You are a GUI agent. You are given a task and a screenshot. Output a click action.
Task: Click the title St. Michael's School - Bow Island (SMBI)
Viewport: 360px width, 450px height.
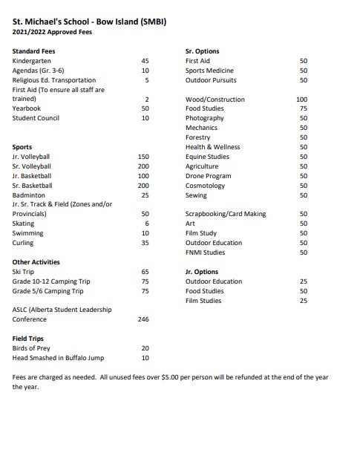[89, 22]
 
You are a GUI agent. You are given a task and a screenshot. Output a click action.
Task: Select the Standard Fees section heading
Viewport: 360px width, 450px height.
[34, 51]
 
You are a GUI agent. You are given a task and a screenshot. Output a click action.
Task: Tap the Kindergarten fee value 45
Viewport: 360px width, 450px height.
[145, 61]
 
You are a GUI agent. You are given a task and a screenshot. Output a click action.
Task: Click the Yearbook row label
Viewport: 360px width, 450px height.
[27, 108]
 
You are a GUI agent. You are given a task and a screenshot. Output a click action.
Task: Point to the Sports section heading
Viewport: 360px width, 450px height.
[22, 147]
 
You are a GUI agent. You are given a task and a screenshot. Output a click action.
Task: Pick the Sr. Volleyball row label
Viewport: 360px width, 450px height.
[32, 166]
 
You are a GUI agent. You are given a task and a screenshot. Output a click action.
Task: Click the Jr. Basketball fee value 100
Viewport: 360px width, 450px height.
[144, 176]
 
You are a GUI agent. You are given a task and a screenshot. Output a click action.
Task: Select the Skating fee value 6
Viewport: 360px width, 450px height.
[147, 224]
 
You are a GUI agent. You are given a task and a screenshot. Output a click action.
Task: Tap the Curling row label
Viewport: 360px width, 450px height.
[23, 243]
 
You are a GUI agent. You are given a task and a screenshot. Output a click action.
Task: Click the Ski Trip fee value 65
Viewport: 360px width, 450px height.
[145, 272]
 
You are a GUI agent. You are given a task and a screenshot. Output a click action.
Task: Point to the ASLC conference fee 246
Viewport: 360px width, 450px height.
[144, 319]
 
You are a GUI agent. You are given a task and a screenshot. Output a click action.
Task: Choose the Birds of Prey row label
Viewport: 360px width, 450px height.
[33, 348]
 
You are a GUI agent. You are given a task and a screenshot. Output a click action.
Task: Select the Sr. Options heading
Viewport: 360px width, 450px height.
[202, 51]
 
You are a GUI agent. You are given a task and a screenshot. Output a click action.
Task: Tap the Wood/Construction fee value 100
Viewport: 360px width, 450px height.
[301, 99]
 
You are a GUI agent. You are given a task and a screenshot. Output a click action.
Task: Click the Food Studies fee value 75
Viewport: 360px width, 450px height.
[303, 108]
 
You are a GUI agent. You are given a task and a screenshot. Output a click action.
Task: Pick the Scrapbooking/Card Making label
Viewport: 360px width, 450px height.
[226, 214]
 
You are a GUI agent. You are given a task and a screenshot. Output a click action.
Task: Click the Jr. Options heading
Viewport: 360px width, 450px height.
[202, 272]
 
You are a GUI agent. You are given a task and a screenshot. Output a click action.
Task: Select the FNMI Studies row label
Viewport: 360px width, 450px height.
[205, 252]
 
